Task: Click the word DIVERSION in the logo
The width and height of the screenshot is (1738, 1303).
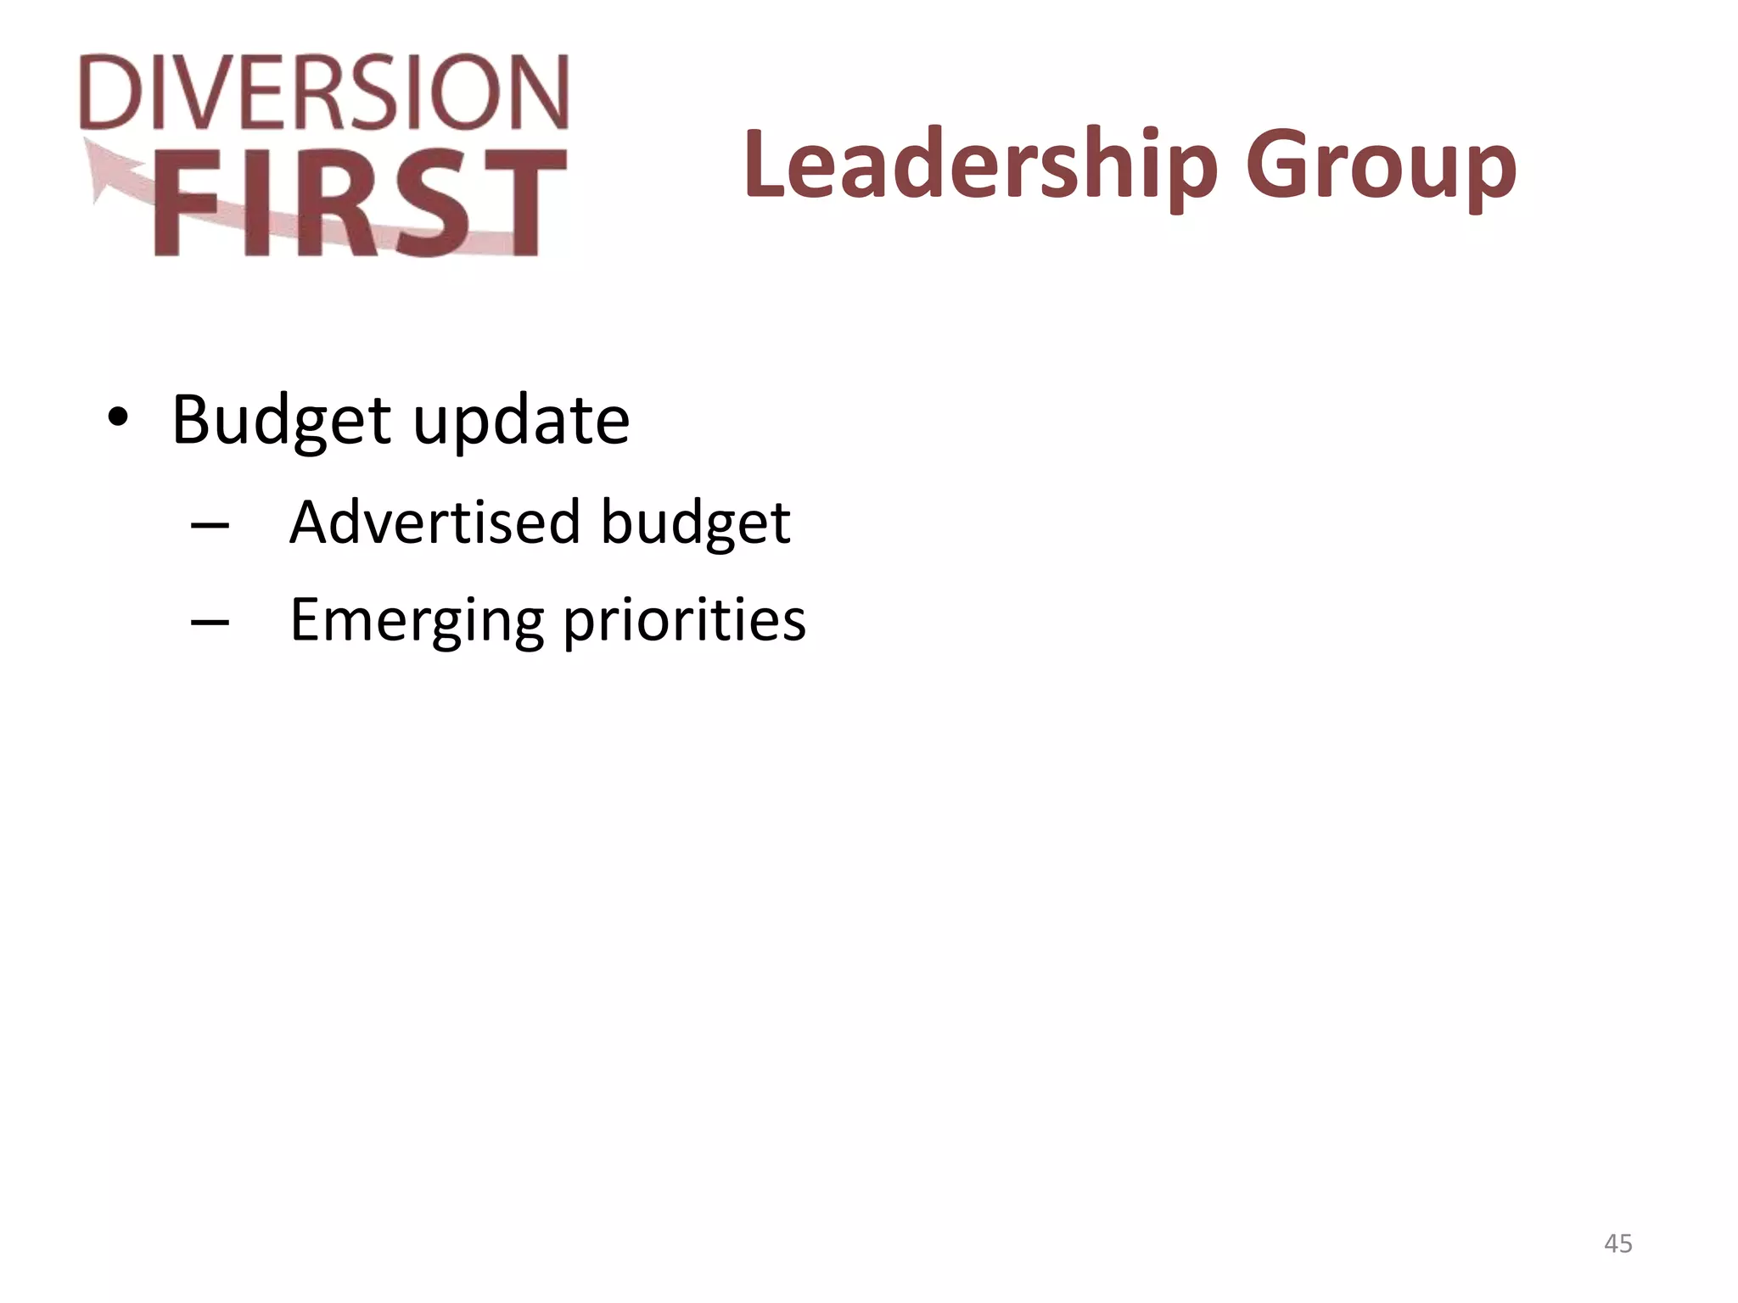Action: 324,92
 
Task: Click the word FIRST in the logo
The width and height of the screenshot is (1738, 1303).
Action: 360,204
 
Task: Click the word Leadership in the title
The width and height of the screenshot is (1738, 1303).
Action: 980,165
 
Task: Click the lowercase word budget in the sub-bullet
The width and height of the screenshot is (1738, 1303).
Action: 696,523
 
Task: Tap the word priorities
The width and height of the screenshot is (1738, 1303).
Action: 684,620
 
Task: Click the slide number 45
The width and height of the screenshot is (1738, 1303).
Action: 1618,1244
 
